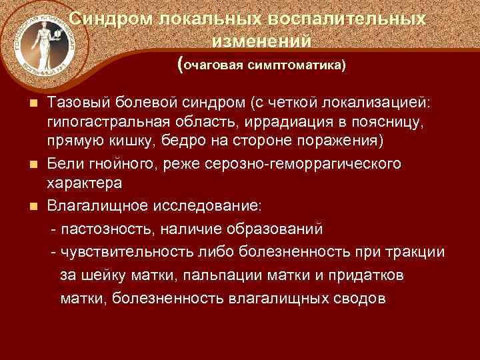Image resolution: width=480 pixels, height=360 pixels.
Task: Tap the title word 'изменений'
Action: click(x=262, y=41)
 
